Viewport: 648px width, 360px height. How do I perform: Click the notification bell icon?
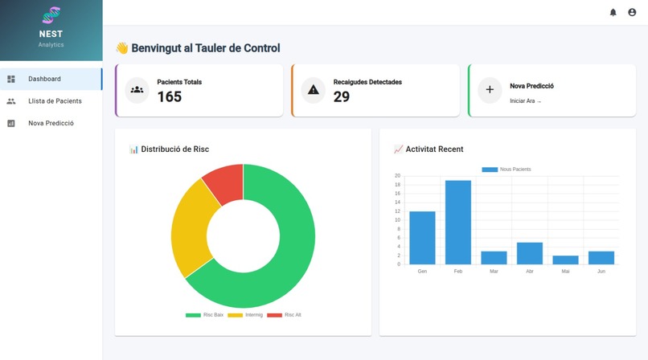(613, 12)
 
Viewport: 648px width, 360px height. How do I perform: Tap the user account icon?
(632, 12)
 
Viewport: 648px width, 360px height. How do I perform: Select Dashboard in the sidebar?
(45, 79)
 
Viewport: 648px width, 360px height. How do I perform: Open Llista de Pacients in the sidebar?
(55, 101)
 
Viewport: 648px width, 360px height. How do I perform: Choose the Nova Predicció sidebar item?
(51, 123)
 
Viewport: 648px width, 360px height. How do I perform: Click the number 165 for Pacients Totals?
(170, 97)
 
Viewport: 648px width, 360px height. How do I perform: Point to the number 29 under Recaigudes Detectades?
(342, 97)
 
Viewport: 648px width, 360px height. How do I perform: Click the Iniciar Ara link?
(526, 101)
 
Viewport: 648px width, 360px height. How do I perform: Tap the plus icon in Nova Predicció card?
(490, 90)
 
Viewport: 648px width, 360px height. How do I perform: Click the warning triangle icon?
(314, 90)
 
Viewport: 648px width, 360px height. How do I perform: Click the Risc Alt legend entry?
(285, 315)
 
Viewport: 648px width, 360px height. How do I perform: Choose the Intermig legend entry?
(245, 315)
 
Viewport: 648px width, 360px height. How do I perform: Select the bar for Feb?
(458, 223)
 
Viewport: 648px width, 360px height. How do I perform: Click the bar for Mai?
(565, 260)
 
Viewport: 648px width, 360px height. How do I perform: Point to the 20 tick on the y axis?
(397, 175)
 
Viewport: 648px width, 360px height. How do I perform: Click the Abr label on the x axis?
(529, 272)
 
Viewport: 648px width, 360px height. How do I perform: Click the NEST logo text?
(51, 34)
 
